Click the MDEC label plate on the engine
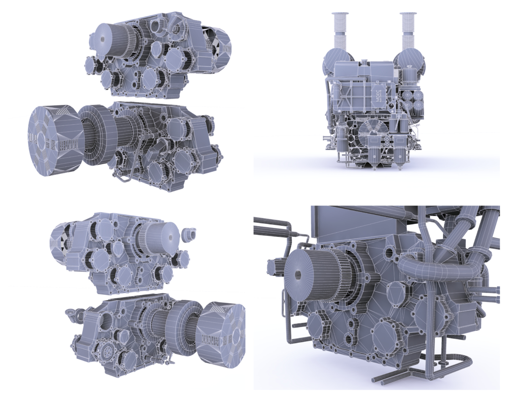coord(377,94)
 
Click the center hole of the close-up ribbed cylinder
coord(298,275)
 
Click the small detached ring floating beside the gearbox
coord(188,234)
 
